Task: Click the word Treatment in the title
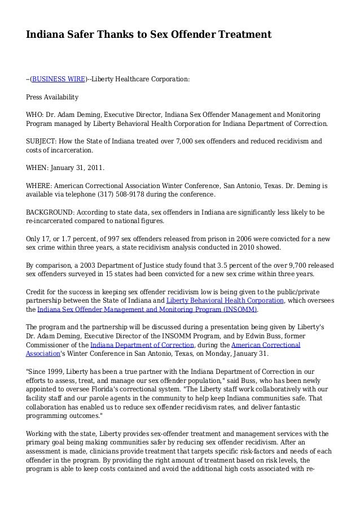243,36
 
